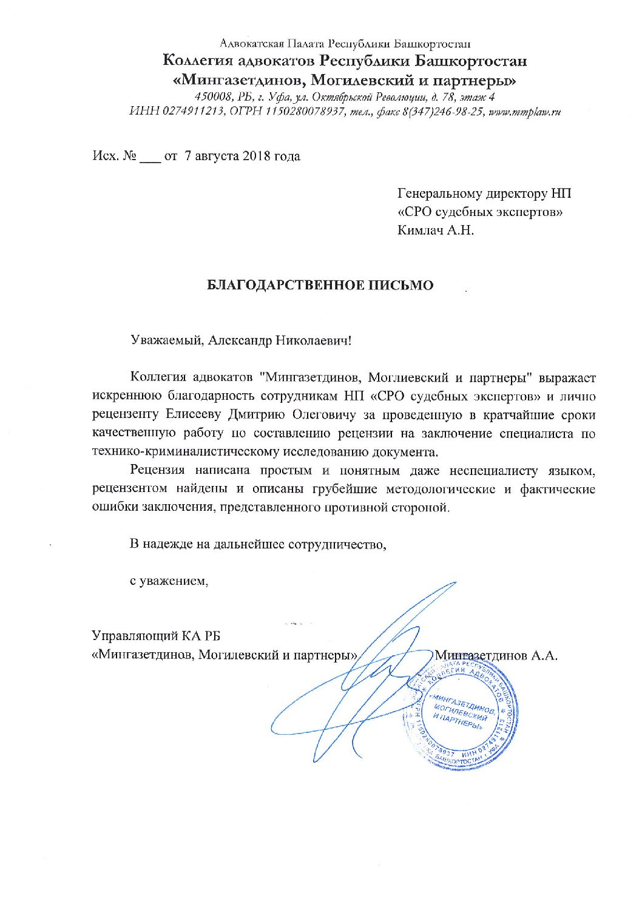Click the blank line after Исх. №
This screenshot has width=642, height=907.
tap(149, 157)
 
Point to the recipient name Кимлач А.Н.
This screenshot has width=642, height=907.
tap(435, 231)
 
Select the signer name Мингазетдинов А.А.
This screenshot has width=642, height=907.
tap(496, 655)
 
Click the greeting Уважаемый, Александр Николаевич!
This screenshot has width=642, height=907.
tap(242, 340)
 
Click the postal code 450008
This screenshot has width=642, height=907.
tap(209, 97)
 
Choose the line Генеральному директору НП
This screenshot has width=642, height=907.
tap(484, 194)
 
